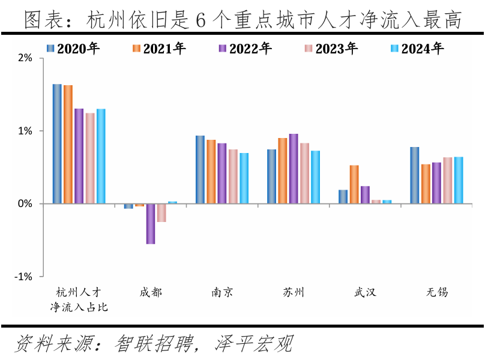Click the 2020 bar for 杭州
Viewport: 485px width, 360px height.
(x=57, y=144)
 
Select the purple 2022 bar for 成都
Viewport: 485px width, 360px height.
(x=150, y=224)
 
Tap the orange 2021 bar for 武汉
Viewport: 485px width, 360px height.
(x=354, y=184)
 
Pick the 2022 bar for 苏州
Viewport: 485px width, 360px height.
(x=294, y=169)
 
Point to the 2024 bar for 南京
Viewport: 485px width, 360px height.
(x=244, y=178)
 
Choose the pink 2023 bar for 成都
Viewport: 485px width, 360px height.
(x=161, y=213)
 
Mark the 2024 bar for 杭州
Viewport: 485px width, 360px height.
(x=101, y=156)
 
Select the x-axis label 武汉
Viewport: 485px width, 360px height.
(x=365, y=292)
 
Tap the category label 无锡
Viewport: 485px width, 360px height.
(x=437, y=292)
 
